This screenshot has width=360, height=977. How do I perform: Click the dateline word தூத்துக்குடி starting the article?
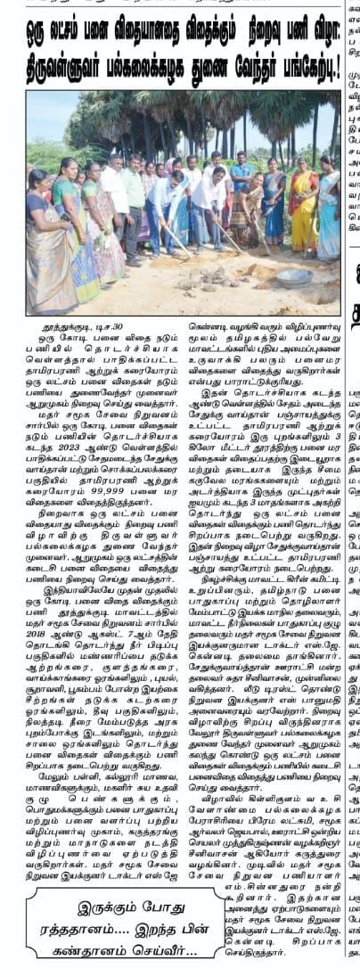[x=70, y=331]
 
